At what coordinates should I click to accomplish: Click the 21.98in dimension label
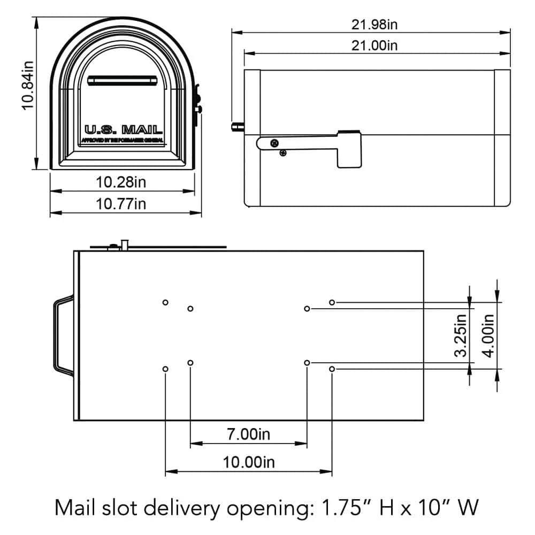tap(371, 25)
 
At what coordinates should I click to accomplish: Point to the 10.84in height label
tap(27, 86)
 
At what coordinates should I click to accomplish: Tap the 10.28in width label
tap(121, 182)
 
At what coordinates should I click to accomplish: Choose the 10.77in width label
tap(121, 204)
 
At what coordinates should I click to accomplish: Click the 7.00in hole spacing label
tap(248, 434)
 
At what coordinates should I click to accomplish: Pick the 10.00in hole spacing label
tap(248, 462)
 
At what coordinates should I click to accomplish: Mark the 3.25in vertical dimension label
tap(461, 334)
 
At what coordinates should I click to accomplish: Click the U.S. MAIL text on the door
tap(123, 129)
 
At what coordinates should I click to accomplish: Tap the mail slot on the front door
tap(123, 80)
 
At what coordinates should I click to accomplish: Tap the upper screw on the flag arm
tap(274, 143)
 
